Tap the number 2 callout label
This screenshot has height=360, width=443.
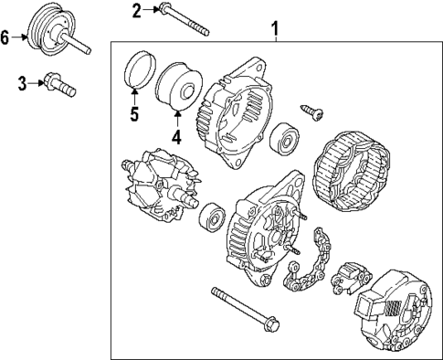[136, 11]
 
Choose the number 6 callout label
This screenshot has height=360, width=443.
[6, 37]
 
